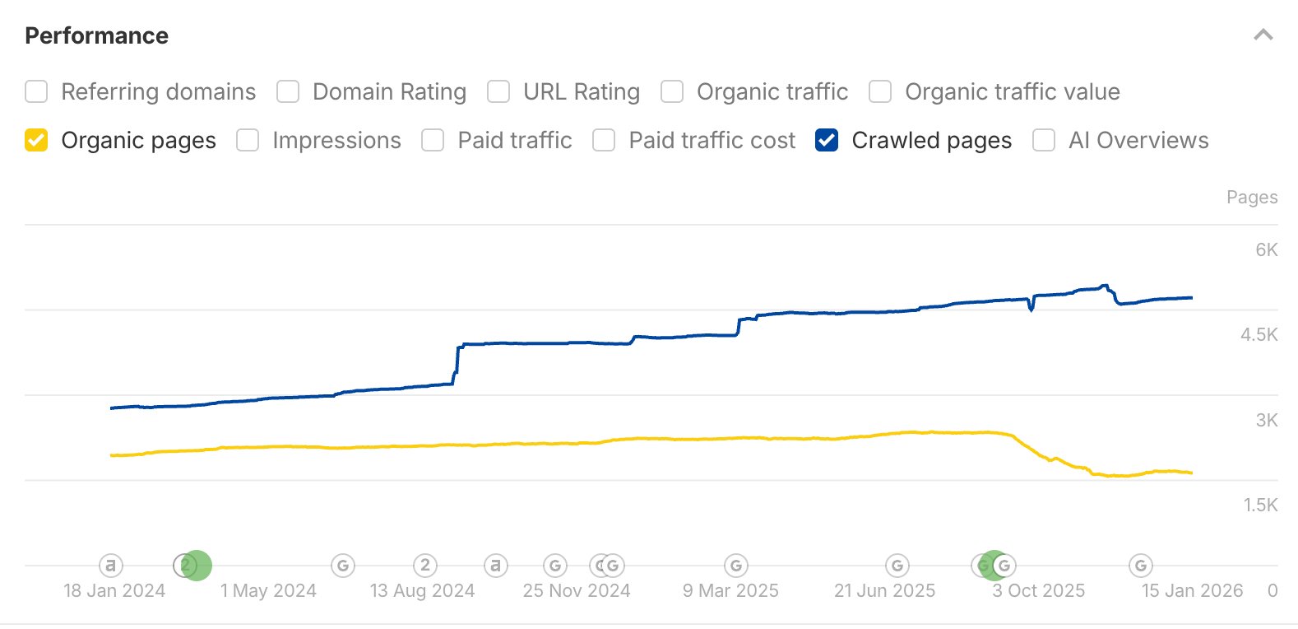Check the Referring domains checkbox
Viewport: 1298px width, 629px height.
coord(36,91)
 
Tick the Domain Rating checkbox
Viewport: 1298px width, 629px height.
coord(288,91)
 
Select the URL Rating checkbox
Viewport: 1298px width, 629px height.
coord(498,91)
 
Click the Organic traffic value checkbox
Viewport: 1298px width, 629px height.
coord(880,91)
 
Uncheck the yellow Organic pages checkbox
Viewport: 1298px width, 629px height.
coord(36,140)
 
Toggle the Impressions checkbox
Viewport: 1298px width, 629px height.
coord(248,140)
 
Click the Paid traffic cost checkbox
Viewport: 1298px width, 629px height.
coord(604,140)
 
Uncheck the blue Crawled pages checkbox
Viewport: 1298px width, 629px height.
coord(827,140)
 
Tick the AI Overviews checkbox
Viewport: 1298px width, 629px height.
coord(1044,140)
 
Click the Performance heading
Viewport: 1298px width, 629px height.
coord(96,35)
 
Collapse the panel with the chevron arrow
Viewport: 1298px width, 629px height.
coord(1263,35)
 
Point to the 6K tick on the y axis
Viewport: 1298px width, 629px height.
coord(1266,249)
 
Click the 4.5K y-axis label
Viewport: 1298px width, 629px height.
coord(1259,334)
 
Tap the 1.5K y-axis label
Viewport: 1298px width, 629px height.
coord(1260,505)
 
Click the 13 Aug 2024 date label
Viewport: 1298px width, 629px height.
coord(422,590)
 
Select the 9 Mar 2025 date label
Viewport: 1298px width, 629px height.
coord(730,590)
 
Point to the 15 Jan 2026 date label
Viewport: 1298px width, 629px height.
coord(1192,590)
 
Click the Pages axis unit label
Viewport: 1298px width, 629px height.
coord(1252,197)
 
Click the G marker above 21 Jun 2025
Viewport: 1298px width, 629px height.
coord(897,566)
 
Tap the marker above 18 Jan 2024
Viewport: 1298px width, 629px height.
coord(111,566)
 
